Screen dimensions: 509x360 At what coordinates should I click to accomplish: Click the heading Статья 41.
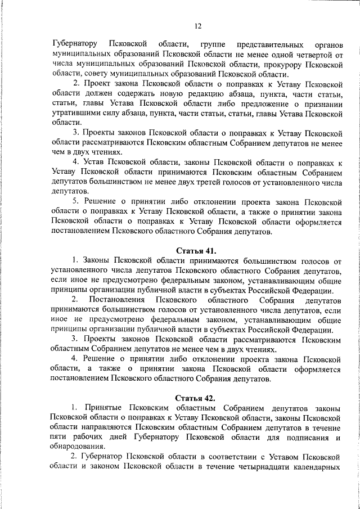click(197, 251)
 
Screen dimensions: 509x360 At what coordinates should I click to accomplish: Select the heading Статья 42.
click(197, 398)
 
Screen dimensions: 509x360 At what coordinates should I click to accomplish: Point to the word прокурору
click(291, 64)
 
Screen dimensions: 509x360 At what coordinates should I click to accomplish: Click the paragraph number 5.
click(75, 201)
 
